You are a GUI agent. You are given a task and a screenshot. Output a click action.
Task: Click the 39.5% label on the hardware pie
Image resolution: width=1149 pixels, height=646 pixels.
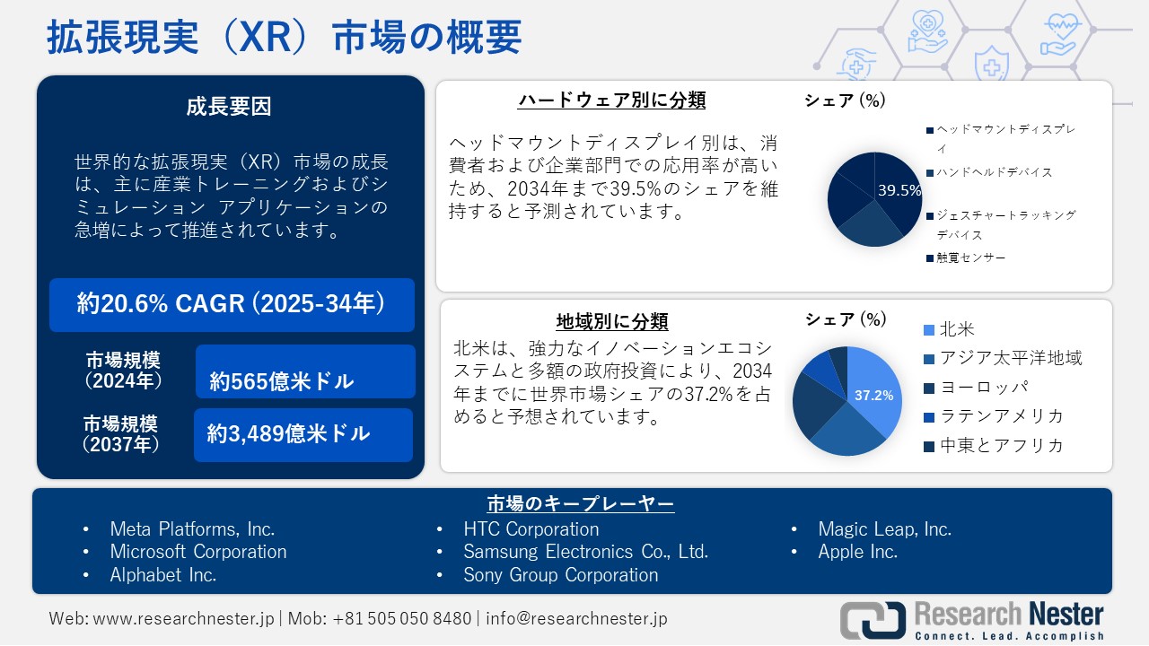899,190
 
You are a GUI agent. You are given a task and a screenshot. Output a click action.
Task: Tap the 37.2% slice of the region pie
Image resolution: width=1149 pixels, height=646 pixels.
873,395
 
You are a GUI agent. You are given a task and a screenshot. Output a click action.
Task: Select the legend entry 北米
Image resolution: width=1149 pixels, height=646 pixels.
957,329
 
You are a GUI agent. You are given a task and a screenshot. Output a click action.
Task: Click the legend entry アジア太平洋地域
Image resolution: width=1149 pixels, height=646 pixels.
1010,358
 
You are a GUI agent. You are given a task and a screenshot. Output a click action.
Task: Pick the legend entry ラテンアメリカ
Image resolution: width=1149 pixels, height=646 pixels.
1001,415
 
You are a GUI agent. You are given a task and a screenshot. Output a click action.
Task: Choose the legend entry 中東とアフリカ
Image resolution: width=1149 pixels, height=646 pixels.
1001,445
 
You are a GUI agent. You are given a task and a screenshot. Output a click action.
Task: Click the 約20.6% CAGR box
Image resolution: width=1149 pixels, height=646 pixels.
232,304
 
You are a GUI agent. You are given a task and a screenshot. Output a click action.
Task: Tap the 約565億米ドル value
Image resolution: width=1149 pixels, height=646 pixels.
283,381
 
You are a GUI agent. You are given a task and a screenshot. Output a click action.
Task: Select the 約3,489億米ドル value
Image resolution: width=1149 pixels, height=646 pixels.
289,434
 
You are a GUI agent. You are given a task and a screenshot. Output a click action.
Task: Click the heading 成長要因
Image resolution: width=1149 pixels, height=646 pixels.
229,107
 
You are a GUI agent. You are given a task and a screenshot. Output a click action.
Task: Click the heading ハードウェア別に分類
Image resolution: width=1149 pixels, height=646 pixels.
612,100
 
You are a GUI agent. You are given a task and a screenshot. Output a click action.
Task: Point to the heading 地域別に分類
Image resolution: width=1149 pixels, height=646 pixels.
612,321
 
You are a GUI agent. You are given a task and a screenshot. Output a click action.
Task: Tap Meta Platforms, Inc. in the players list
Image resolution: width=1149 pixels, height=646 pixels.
192,529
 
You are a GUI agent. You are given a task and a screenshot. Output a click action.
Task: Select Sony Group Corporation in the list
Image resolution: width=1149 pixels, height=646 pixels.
560,575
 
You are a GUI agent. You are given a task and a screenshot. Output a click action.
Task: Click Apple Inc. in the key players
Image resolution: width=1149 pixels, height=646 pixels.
857,552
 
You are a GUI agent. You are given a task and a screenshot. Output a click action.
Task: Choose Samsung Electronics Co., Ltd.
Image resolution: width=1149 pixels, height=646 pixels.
585,552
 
